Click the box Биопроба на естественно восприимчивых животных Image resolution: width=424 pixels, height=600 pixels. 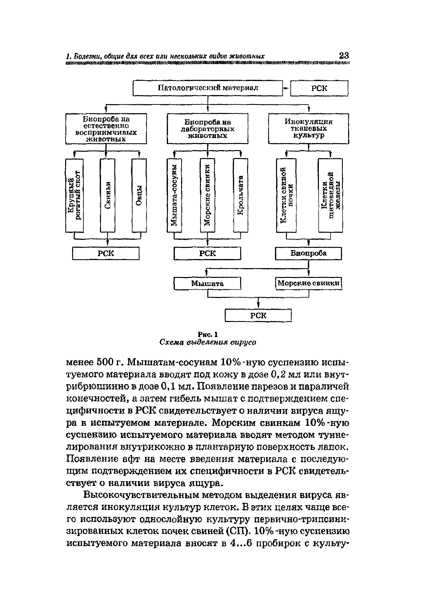[106, 129]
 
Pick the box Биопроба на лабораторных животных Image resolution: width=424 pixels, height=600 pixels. [207, 129]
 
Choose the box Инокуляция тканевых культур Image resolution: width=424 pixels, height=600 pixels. [308, 129]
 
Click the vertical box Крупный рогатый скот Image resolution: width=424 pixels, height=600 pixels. [75, 195]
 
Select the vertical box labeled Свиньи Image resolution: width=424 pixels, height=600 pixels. [107, 195]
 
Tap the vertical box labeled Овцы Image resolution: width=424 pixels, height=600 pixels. [139, 195]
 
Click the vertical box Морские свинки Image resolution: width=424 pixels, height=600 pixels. [207, 195]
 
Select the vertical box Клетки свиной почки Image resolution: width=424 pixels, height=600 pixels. [286, 195]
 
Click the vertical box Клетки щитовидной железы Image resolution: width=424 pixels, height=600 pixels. [331, 195]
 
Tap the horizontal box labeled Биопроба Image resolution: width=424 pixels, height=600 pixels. [308, 253]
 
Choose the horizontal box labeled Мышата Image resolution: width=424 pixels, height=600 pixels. [207, 283]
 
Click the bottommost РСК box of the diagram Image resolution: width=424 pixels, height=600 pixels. [258, 316]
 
